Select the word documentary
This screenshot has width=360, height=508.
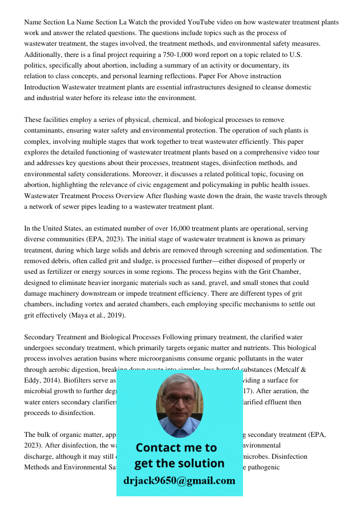coord(261,65)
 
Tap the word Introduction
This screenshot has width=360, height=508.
coord(42,87)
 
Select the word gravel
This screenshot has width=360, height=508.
coord(234,282)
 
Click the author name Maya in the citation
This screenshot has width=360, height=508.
coord(80,315)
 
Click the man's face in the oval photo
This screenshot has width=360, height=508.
coord(179,401)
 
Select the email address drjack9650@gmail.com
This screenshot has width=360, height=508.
coord(179,480)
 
